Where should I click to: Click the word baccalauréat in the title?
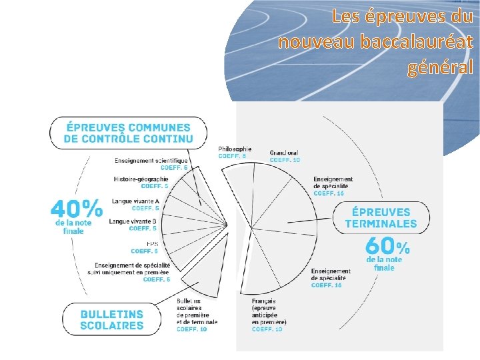click(x=416, y=42)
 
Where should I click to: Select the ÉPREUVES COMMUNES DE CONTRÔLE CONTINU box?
click(x=128, y=133)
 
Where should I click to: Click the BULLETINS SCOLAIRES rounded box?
click(x=112, y=319)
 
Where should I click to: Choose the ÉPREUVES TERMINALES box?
click(x=381, y=218)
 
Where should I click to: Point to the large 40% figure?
click(x=77, y=207)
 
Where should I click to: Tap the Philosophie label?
click(x=235, y=149)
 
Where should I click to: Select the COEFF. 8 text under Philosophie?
click(x=232, y=156)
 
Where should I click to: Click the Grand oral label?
click(x=284, y=153)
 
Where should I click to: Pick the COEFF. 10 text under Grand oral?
click(x=285, y=160)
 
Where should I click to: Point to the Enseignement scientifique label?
click(x=151, y=160)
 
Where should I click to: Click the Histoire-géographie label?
click(x=141, y=179)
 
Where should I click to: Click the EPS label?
click(x=151, y=244)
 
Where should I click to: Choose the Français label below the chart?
click(x=264, y=301)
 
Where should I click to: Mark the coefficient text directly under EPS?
click(x=145, y=251)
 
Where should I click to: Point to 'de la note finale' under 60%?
click(x=384, y=263)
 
